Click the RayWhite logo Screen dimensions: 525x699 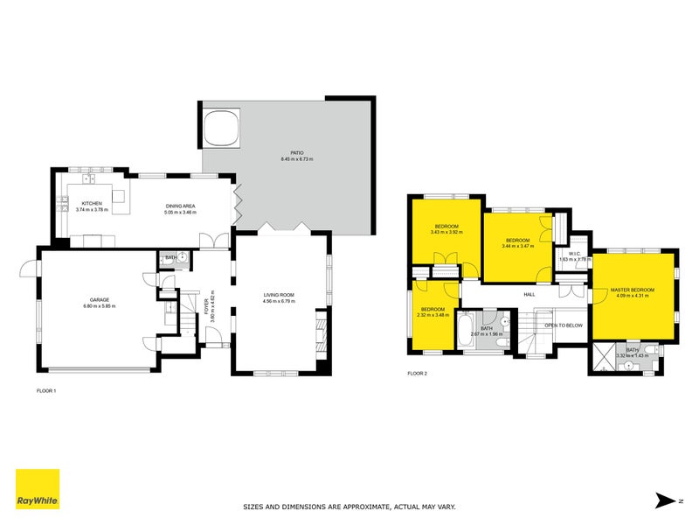pos(38,489)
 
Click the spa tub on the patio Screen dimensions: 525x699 pos(221,126)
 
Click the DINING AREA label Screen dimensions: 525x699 pos(182,206)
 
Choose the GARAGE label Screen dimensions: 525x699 pos(99,300)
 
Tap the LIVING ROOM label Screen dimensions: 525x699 pos(280,296)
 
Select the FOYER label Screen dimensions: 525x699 pos(207,307)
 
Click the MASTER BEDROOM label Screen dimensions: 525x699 pos(633,289)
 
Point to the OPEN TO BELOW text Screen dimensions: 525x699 pos(564,325)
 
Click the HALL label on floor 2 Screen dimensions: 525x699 pos(529,295)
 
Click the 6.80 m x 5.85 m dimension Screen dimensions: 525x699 pos(99,306)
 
